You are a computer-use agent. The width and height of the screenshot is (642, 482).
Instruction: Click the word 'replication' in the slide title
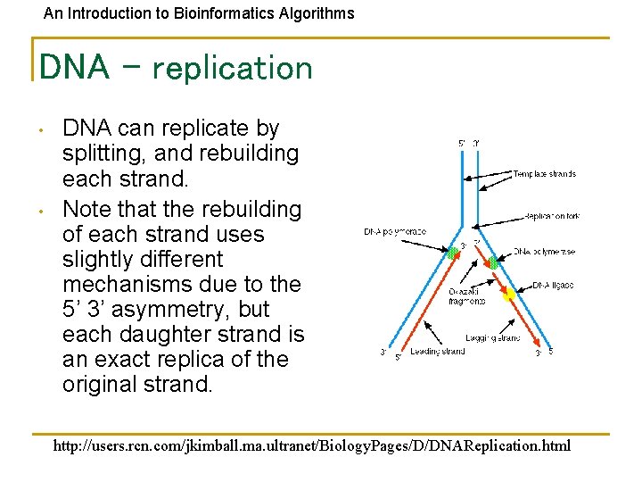(234, 69)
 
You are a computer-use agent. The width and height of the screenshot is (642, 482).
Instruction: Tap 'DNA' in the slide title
(75, 67)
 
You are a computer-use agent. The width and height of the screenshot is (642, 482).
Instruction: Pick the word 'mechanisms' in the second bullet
(128, 284)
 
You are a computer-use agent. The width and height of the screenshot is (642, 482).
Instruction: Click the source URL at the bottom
(312, 445)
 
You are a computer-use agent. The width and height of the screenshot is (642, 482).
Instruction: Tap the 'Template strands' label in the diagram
(545, 174)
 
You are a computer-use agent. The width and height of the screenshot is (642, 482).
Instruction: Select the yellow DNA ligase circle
(509, 295)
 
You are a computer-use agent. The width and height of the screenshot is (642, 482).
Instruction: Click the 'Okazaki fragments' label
(467, 296)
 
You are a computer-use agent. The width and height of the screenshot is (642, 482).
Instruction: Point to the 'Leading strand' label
(437, 352)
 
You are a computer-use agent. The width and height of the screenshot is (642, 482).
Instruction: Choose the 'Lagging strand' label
(492, 338)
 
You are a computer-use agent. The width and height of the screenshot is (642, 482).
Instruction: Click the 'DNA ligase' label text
(554, 286)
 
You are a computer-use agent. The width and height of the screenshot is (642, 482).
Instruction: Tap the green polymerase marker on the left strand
(454, 253)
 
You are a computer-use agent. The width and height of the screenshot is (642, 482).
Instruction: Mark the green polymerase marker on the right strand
(493, 262)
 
